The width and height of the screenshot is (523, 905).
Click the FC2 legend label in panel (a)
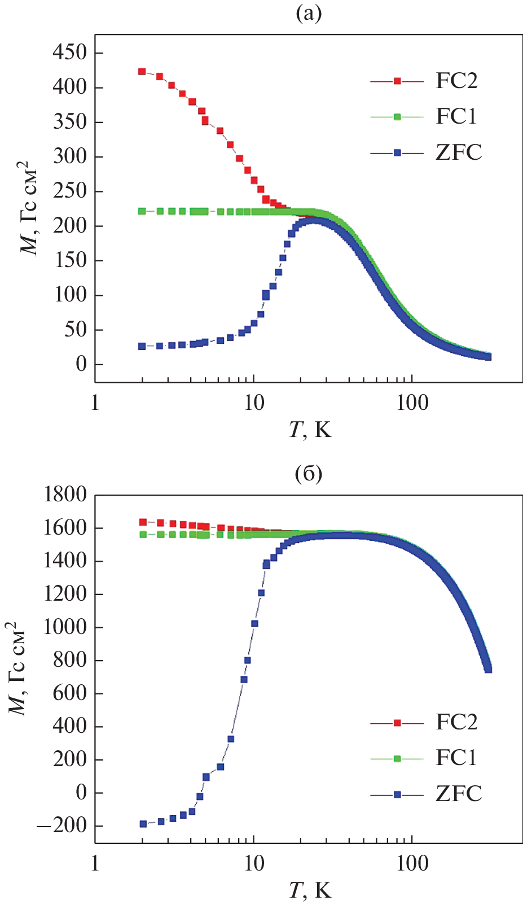click(x=456, y=81)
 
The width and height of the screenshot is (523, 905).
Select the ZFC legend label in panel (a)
click(x=459, y=152)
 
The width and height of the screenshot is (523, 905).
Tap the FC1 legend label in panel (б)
click(x=456, y=758)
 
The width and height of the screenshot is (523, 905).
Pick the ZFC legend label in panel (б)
click(x=459, y=794)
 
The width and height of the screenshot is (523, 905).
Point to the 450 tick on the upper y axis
click(x=70, y=53)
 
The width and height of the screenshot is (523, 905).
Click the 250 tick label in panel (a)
click(x=70, y=191)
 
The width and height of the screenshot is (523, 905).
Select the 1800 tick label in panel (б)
click(x=66, y=495)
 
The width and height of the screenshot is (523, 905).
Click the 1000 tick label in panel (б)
click(x=66, y=627)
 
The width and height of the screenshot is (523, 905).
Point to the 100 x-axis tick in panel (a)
click(x=412, y=404)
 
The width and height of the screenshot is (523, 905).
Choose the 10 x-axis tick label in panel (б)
click(x=254, y=864)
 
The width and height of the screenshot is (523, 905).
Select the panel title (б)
click(x=309, y=474)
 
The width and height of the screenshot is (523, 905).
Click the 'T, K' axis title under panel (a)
click(x=310, y=430)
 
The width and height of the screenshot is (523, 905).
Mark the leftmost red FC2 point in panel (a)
click(x=142, y=72)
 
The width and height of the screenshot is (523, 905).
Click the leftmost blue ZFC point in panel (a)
click(x=142, y=346)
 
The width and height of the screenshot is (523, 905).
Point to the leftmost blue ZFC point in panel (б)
click(x=143, y=824)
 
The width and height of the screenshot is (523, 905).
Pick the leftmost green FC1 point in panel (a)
click(x=142, y=211)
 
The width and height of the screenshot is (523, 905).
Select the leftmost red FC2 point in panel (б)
click(x=143, y=522)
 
